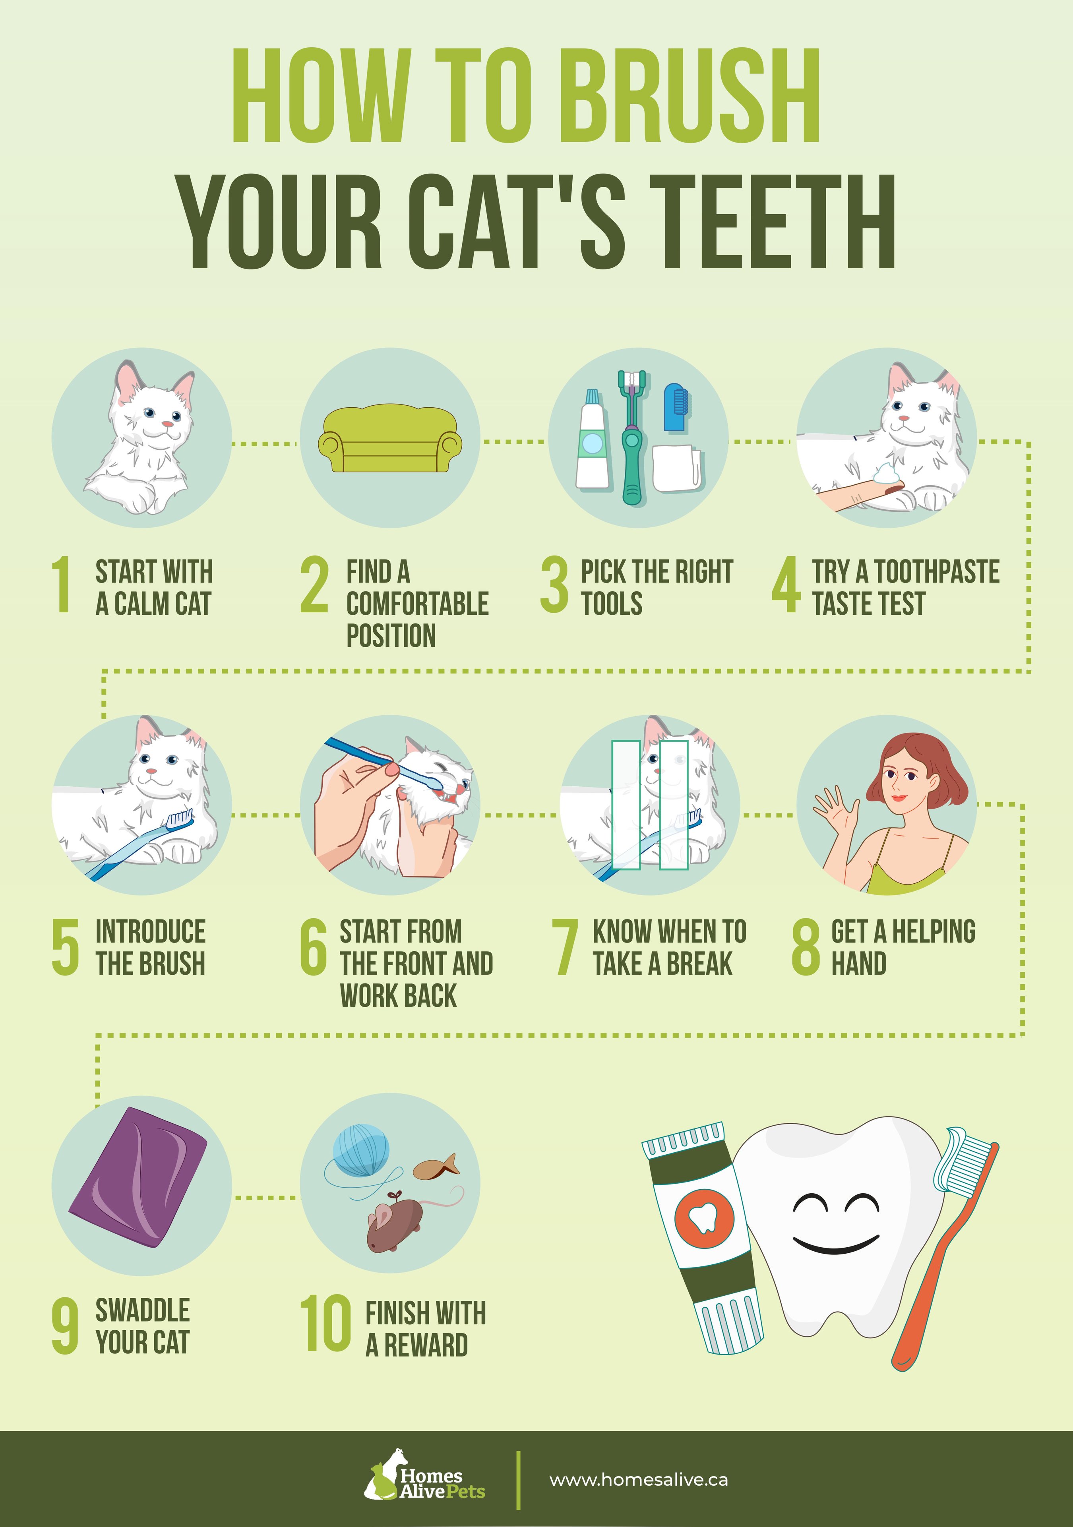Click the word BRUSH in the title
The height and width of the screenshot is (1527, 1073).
pos(688,97)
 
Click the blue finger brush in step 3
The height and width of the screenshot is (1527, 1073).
pos(676,406)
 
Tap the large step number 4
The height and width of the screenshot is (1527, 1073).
pos(786,585)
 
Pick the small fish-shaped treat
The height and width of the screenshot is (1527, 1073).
pos(435,1167)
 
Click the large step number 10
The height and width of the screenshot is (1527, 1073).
pos(325,1324)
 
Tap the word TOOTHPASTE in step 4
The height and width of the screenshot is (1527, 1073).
pos(936,571)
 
